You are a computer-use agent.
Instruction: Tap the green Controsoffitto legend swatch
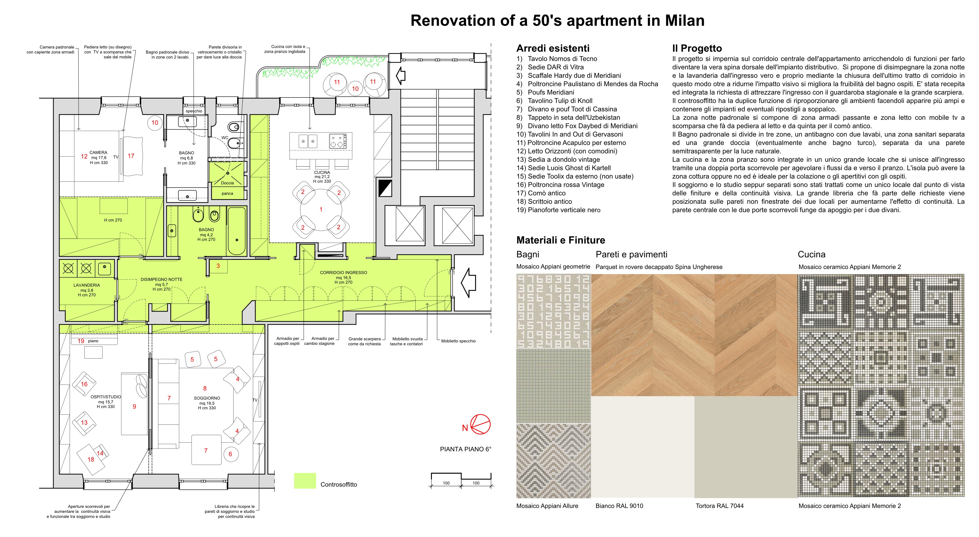[305, 481]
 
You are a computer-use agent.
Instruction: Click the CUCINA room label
[322, 172]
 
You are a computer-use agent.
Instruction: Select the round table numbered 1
[321, 209]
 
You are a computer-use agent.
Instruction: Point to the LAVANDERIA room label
[87, 285]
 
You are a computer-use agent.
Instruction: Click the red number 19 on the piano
[81, 341]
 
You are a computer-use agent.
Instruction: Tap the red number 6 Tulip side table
[230, 454]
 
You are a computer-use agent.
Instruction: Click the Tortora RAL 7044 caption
[719, 506]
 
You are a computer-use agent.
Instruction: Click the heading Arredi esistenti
[553, 48]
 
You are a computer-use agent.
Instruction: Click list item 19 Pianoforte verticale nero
[558, 210]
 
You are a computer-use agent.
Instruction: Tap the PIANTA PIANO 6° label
[465, 449]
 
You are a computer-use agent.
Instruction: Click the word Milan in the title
[684, 20]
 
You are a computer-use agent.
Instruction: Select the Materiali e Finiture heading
[561, 240]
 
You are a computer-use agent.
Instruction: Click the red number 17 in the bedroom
[131, 156]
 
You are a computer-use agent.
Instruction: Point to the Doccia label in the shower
[227, 183]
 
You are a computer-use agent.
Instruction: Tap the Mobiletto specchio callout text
[458, 341]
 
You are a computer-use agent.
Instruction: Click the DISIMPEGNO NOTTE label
[161, 279]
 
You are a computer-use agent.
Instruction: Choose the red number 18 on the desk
[91, 459]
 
